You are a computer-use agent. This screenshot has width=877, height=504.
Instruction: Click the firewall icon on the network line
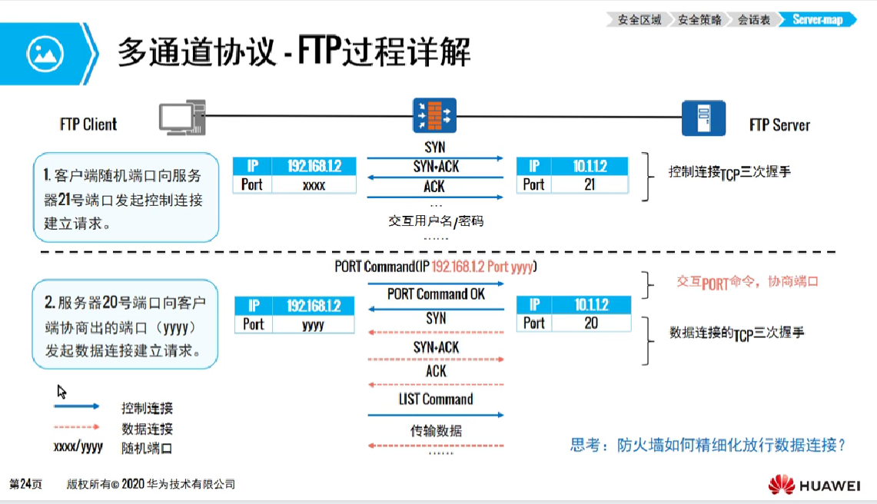tap(434, 115)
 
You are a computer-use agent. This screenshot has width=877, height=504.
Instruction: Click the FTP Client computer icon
tap(181, 118)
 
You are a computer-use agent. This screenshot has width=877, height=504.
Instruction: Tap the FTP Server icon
tap(703, 118)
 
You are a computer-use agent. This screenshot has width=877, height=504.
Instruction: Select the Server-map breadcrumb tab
tap(818, 20)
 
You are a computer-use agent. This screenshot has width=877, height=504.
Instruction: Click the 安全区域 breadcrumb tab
tap(639, 20)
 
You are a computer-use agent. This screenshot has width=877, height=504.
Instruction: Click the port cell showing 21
tap(590, 184)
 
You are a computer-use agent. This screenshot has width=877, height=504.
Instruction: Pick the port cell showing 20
tap(590, 323)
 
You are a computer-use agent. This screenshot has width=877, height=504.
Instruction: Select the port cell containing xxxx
tap(314, 185)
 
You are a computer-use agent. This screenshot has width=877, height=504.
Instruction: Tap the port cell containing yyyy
tap(313, 324)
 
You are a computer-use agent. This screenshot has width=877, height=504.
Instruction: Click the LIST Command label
tap(436, 400)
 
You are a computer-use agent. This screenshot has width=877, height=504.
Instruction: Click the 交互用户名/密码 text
tap(436, 221)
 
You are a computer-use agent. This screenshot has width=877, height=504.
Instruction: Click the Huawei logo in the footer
tap(814, 485)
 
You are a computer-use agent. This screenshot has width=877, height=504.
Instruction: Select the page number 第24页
tap(25, 485)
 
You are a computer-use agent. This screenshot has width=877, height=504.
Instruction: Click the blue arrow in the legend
tap(77, 406)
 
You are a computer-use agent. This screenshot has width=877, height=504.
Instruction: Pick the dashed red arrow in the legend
tap(77, 427)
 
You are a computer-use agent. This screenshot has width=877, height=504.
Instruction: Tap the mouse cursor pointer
tap(62, 391)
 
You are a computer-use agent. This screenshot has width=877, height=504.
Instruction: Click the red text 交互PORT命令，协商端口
tap(747, 282)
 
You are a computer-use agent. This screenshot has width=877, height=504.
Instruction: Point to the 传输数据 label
tap(436, 431)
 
